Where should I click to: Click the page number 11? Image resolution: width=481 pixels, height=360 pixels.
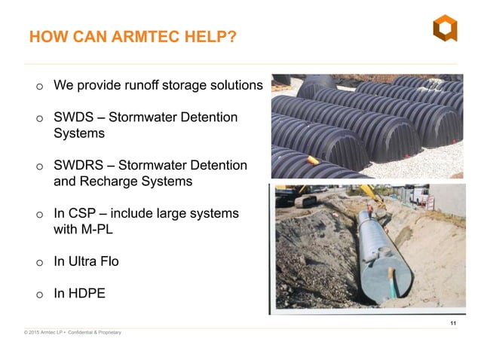click(x=453, y=324)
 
